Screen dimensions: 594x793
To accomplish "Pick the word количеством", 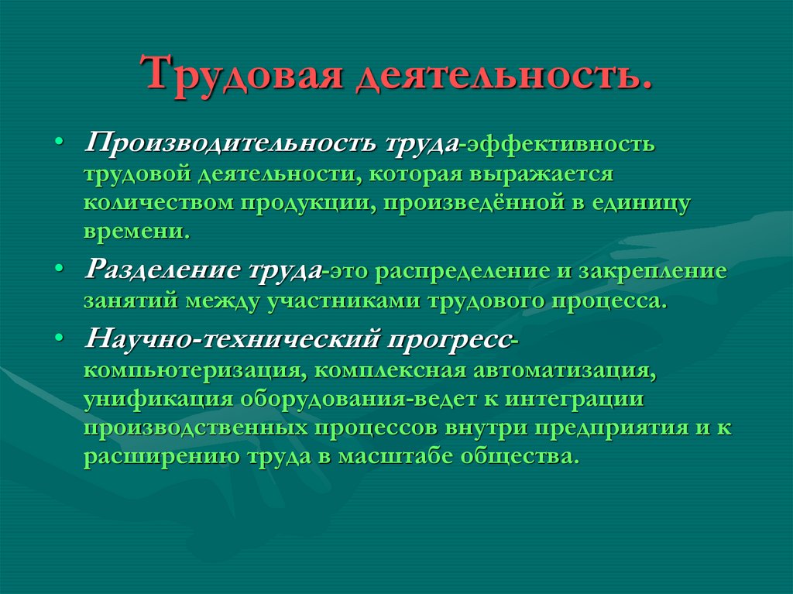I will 160,202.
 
